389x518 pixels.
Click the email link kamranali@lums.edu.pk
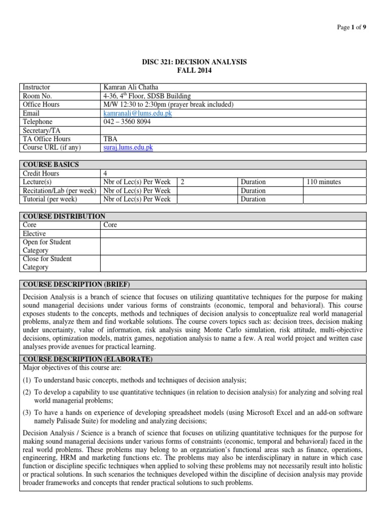click(x=137, y=113)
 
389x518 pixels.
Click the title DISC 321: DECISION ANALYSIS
click(x=194, y=62)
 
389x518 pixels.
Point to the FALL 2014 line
click(x=194, y=71)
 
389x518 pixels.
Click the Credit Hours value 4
click(x=105, y=174)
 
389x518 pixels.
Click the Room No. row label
click(x=37, y=96)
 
